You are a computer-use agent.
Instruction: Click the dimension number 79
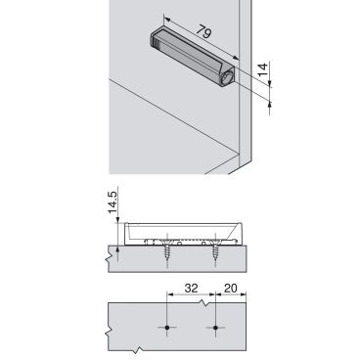[204, 32]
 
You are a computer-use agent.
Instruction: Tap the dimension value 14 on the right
[263, 69]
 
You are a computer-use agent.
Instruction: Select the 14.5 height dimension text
[112, 202]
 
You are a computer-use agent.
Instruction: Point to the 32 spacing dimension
[191, 289]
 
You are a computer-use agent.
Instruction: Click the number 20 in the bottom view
[231, 289]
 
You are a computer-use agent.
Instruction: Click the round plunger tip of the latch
[227, 77]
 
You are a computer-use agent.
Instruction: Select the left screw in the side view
[167, 249]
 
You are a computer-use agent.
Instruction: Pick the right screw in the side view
[215, 249]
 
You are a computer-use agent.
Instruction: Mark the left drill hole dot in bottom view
[167, 327]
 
